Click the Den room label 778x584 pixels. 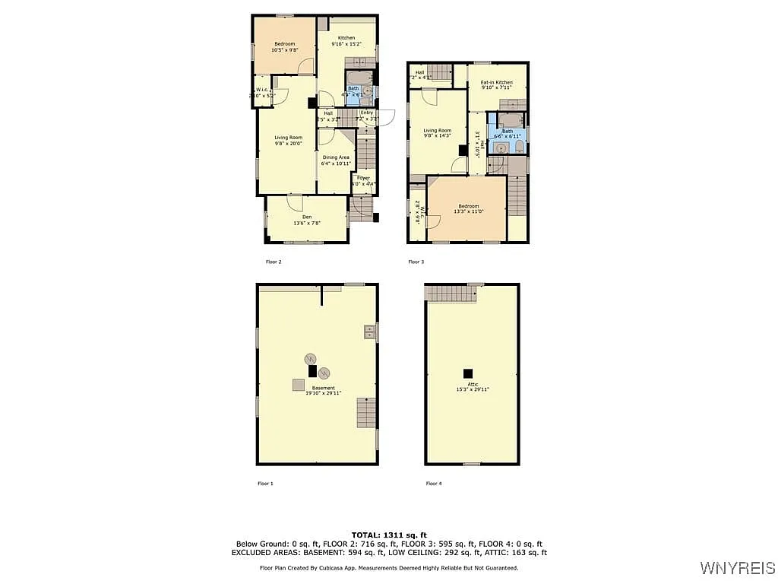(296, 217)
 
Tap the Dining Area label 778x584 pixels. (335, 157)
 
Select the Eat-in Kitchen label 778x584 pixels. (496, 82)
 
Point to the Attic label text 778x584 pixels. (472, 384)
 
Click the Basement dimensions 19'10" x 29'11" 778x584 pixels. (323, 393)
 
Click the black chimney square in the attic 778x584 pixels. (468, 373)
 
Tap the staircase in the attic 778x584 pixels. (449, 292)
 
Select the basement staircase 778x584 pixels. (366, 412)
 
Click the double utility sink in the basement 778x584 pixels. (370, 331)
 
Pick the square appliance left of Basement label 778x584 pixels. (299, 385)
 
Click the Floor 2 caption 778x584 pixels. (274, 262)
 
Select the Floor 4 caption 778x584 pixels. (433, 484)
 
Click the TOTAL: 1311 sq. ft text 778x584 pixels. (388, 535)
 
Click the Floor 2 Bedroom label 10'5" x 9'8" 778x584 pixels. (283, 47)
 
